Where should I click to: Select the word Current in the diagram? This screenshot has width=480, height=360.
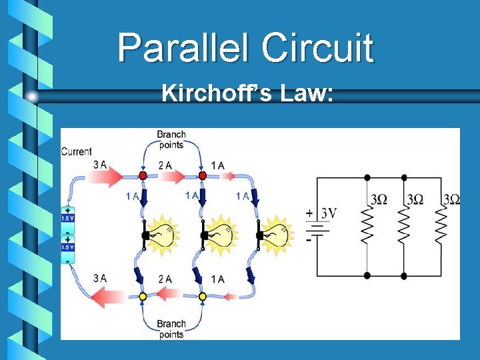(76, 151)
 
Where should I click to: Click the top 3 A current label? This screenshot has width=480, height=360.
(99, 165)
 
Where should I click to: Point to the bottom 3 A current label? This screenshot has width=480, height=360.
(99, 278)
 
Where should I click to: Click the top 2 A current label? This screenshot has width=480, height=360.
(165, 165)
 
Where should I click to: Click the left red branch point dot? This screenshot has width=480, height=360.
(142, 175)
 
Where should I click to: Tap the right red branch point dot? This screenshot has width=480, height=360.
(202, 175)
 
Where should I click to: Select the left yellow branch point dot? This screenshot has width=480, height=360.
(142, 296)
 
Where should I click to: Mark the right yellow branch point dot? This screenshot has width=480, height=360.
(202, 296)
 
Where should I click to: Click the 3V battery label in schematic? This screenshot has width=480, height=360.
(328, 213)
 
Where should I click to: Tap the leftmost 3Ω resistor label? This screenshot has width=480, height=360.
(378, 199)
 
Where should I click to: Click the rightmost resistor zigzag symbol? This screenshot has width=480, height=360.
(440, 225)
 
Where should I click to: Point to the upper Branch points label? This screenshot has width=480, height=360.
(171, 140)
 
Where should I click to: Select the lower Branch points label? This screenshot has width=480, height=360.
(171, 329)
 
